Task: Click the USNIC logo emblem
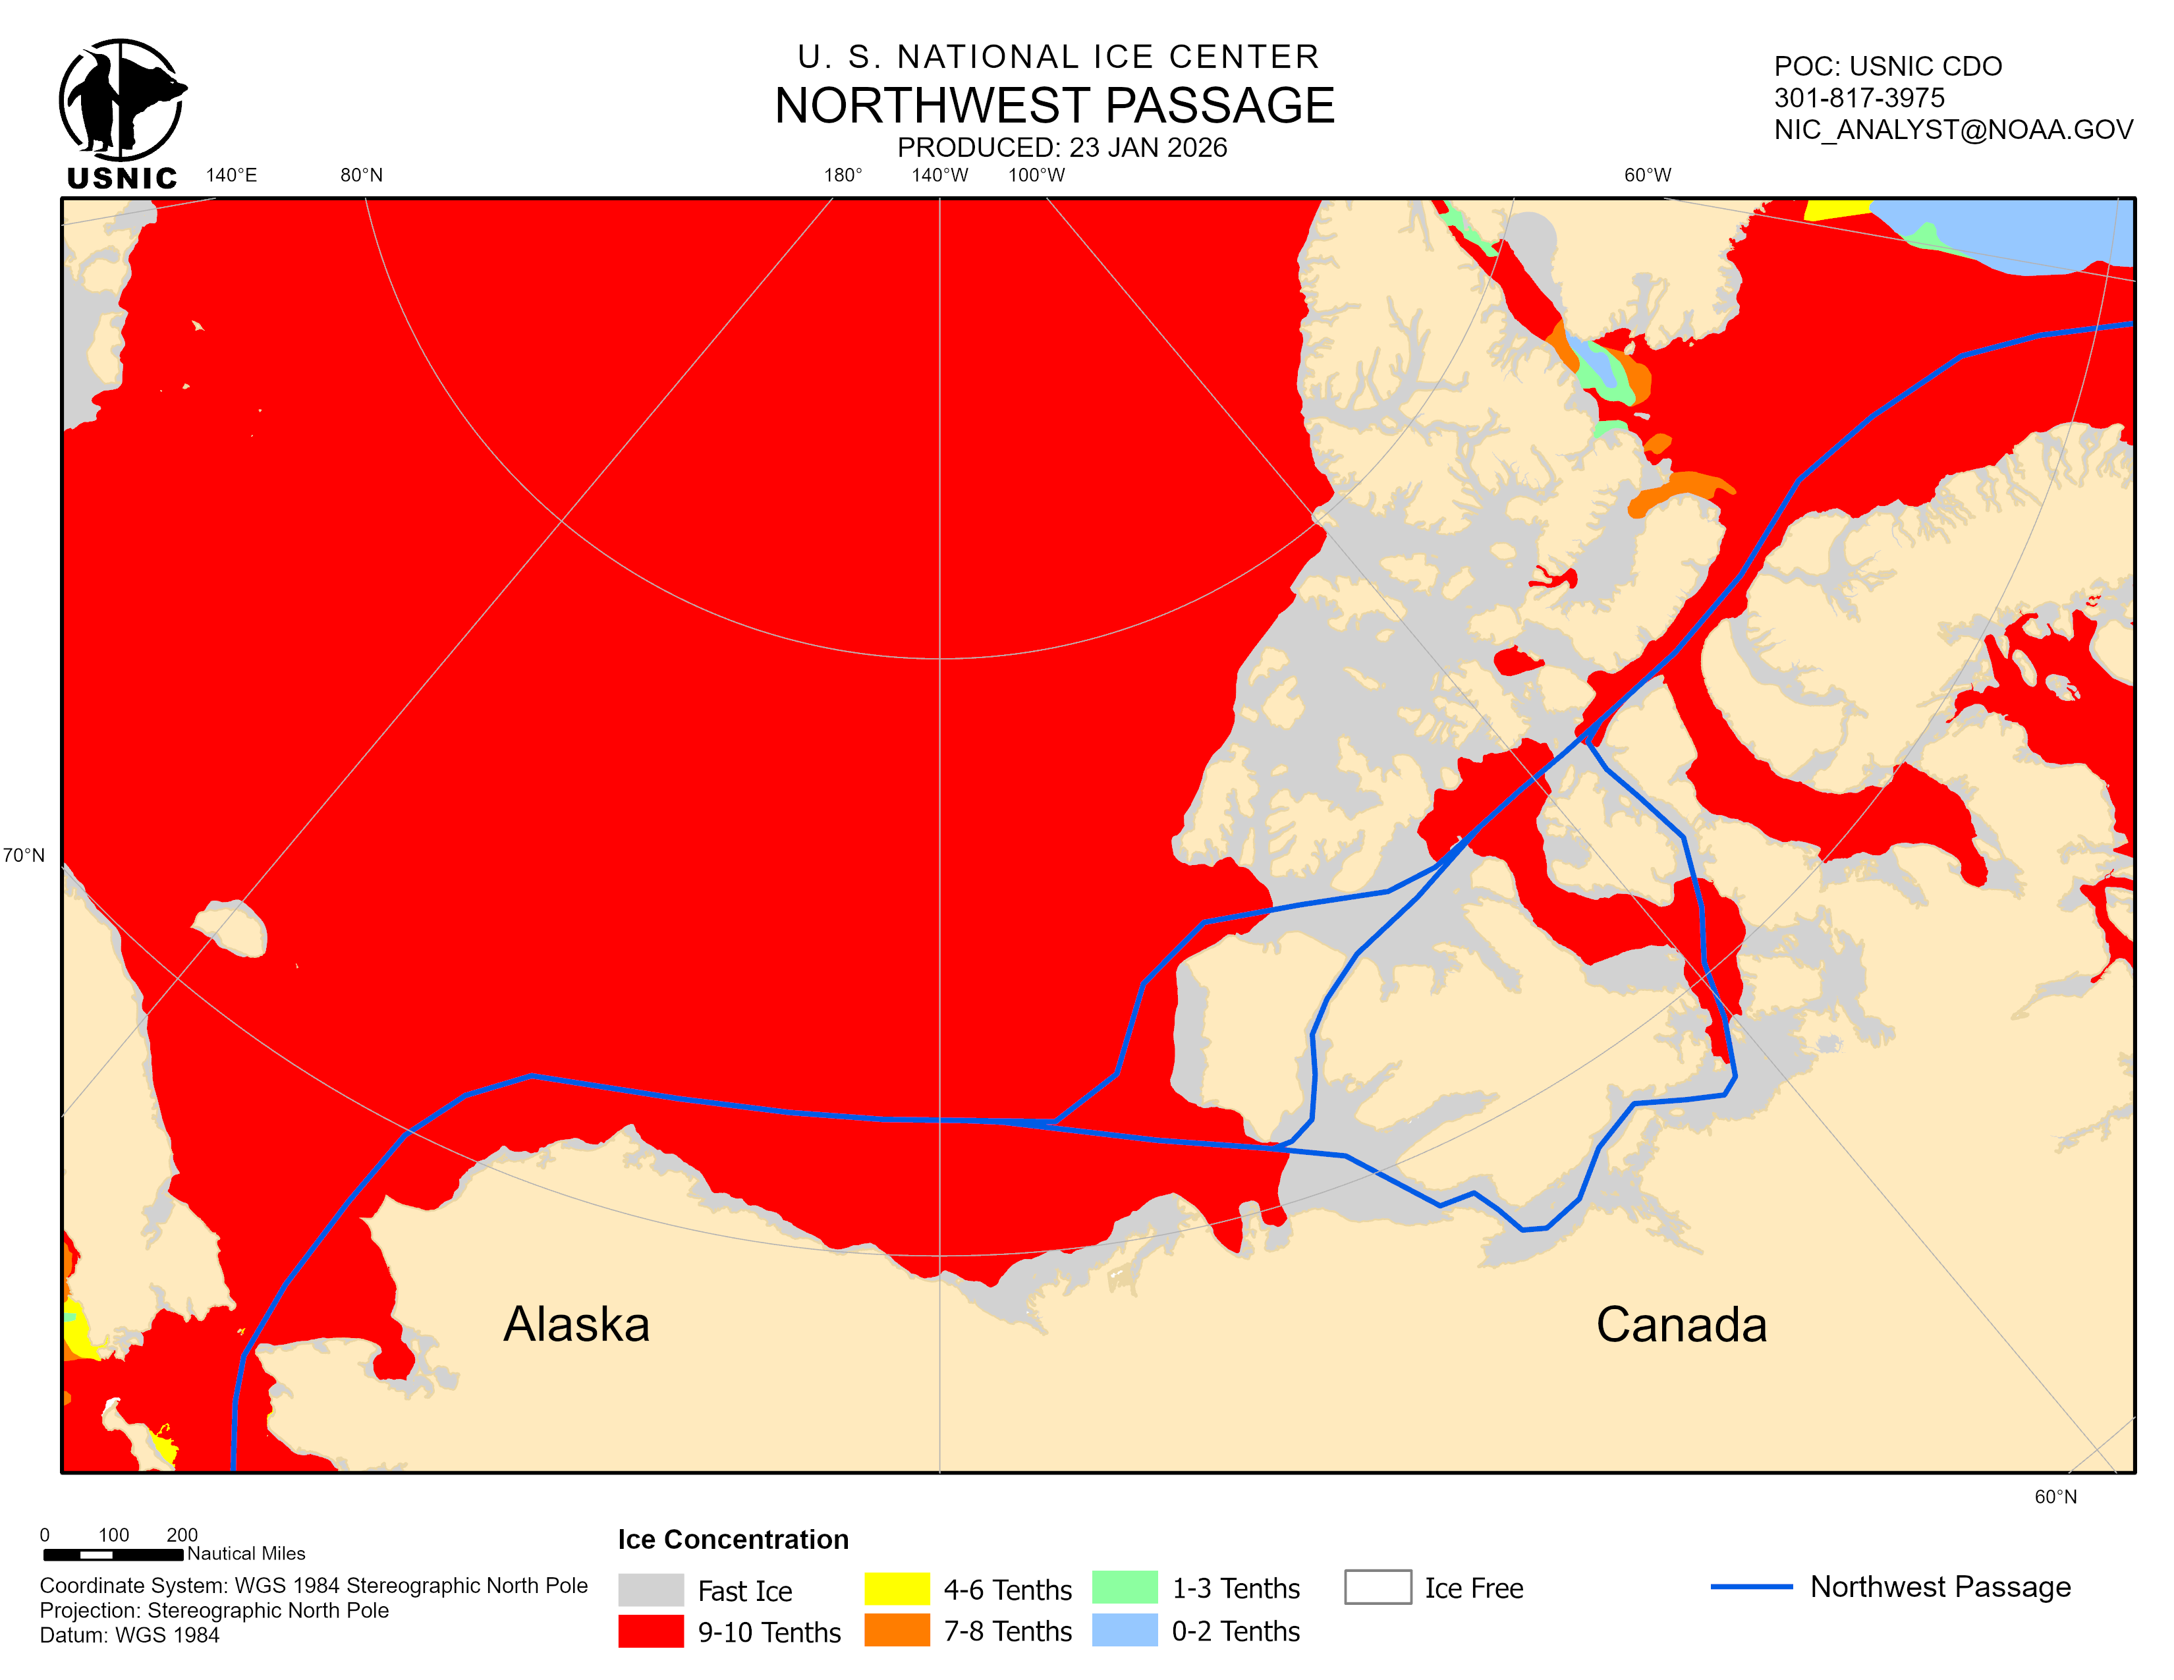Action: pos(121,101)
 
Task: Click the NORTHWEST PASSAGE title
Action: pos(1054,105)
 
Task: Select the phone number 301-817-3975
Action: pos(1858,98)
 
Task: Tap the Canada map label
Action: pos(1681,1324)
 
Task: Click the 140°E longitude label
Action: pos(231,175)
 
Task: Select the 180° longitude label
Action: pos(842,175)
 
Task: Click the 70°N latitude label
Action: pos(24,855)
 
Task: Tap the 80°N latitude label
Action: pos(361,175)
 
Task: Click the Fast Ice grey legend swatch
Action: pos(650,1590)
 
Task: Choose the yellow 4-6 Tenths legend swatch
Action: pos(896,1588)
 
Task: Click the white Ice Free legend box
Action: pos(1377,1586)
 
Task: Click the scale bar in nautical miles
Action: pos(113,1554)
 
